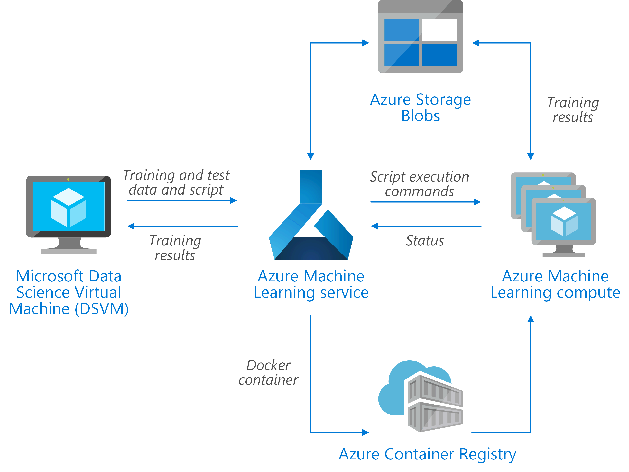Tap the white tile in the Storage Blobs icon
pos(439,30)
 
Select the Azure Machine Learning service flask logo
pos(311,216)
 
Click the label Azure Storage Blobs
pos(420,108)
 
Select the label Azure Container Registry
pos(427,454)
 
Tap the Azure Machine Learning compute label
pos(555,284)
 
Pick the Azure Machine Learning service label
pos(311,284)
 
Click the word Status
pos(425,241)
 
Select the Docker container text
pos(268,373)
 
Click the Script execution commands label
pos(419,184)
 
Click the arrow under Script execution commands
pos(425,202)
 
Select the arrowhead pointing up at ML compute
pos(531,319)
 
